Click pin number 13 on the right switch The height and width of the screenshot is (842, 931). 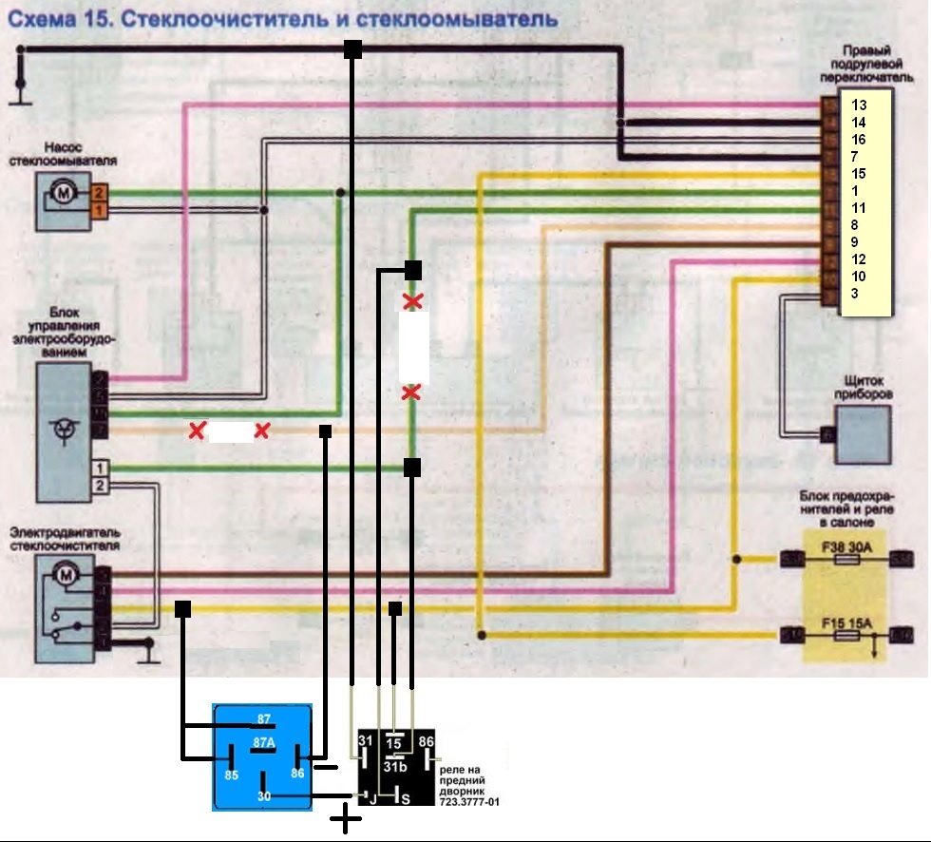tap(859, 105)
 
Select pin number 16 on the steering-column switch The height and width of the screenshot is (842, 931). tap(859, 139)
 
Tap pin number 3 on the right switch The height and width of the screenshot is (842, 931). tap(855, 293)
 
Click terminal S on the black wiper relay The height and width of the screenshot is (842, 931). tap(405, 798)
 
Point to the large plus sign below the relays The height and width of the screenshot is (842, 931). tap(345, 819)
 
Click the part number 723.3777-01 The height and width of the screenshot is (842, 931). tap(469, 802)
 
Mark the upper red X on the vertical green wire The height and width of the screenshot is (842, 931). tap(412, 302)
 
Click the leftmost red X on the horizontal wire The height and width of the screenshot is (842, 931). tap(197, 431)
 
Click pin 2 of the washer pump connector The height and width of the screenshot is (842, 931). tap(100, 193)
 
